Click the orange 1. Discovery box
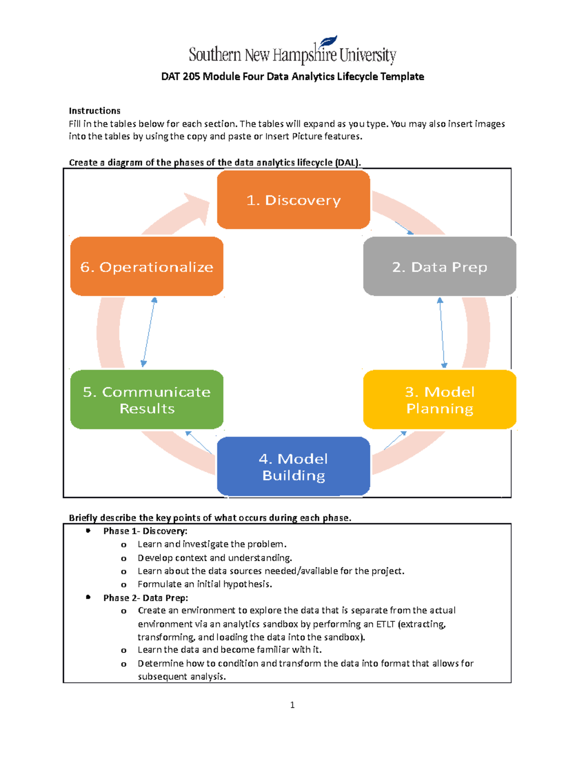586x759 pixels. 293,200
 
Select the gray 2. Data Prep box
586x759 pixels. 439,267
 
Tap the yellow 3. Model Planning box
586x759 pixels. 439,400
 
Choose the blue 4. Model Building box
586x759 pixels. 293,467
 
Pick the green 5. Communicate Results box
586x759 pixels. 146,400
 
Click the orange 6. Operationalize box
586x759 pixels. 146,267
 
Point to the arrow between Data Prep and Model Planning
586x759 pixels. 442,332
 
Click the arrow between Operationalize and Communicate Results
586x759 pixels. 149,332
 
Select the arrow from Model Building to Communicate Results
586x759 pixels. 199,442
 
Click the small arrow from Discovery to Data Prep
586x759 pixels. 404,228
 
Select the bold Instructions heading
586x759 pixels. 94,111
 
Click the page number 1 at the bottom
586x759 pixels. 292,705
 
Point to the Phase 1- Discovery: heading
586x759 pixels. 145,531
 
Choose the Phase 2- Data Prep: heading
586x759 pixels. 146,598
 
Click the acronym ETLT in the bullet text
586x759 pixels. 385,624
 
